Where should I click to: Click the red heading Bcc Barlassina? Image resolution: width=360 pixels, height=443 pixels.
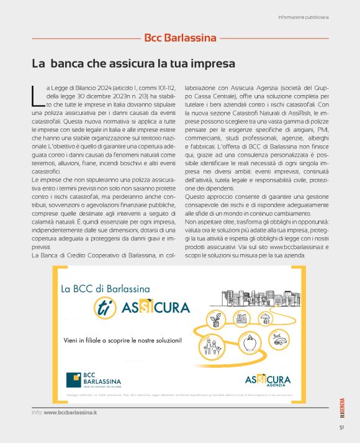coord(180,38)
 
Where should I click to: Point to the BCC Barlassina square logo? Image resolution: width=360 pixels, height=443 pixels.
coord(74,379)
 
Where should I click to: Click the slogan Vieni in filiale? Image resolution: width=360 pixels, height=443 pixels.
coord(123,340)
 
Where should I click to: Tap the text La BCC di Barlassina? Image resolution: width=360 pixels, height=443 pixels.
coord(105,289)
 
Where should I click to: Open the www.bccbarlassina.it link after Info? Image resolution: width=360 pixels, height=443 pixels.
coord(70,412)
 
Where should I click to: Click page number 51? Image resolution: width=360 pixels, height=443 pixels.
coord(341,427)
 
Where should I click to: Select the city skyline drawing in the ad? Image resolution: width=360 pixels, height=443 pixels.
coord(261,297)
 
